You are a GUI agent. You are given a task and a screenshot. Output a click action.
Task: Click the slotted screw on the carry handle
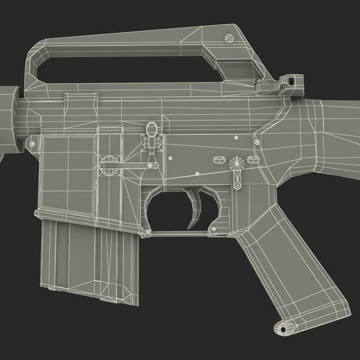pos(229,38)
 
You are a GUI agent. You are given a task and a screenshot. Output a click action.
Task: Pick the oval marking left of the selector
pos(218,160)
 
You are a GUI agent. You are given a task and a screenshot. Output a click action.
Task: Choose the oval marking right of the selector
pos(253,160)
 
